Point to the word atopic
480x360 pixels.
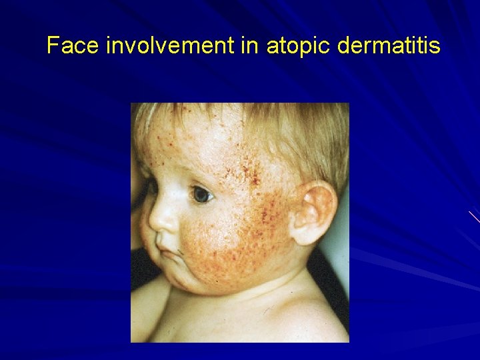tap(297, 46)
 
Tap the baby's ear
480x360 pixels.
tap(313, 212)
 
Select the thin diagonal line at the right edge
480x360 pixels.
tap(474, 216)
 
